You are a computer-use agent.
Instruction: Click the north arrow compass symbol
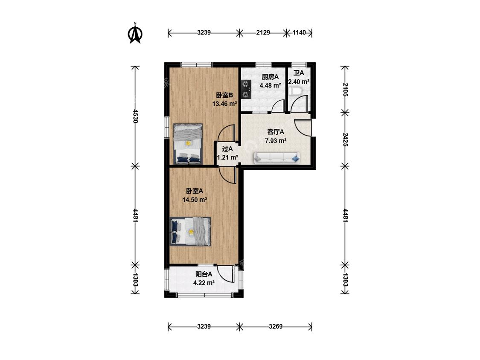click(135, 33)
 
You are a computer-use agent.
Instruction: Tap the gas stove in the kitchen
click(246, 89)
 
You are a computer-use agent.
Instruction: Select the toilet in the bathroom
click(295, 91)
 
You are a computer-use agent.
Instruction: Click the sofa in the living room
click(277, 157)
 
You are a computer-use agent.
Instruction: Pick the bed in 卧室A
click(190, 232)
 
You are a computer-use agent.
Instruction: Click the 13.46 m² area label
click(225, 104)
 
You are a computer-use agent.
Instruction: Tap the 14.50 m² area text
click(195, 200)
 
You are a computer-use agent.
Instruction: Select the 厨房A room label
click(270, 77)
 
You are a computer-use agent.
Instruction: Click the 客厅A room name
click(276, 132)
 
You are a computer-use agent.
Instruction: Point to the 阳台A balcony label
click(204, 274)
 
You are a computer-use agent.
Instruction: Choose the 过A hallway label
click(227, 149)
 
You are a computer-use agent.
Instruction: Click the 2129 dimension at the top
click(263, 32)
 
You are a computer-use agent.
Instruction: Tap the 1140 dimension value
click(299, 32)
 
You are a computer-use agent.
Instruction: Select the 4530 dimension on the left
click(135, 116)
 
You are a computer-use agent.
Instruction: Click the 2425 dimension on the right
click(345, 139)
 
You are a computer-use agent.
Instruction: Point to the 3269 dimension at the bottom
click(276, 327)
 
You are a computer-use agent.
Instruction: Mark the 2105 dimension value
click(345, 90)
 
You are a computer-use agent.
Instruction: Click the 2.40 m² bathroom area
click(299, 82)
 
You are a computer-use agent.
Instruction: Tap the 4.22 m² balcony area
click(204, 283)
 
